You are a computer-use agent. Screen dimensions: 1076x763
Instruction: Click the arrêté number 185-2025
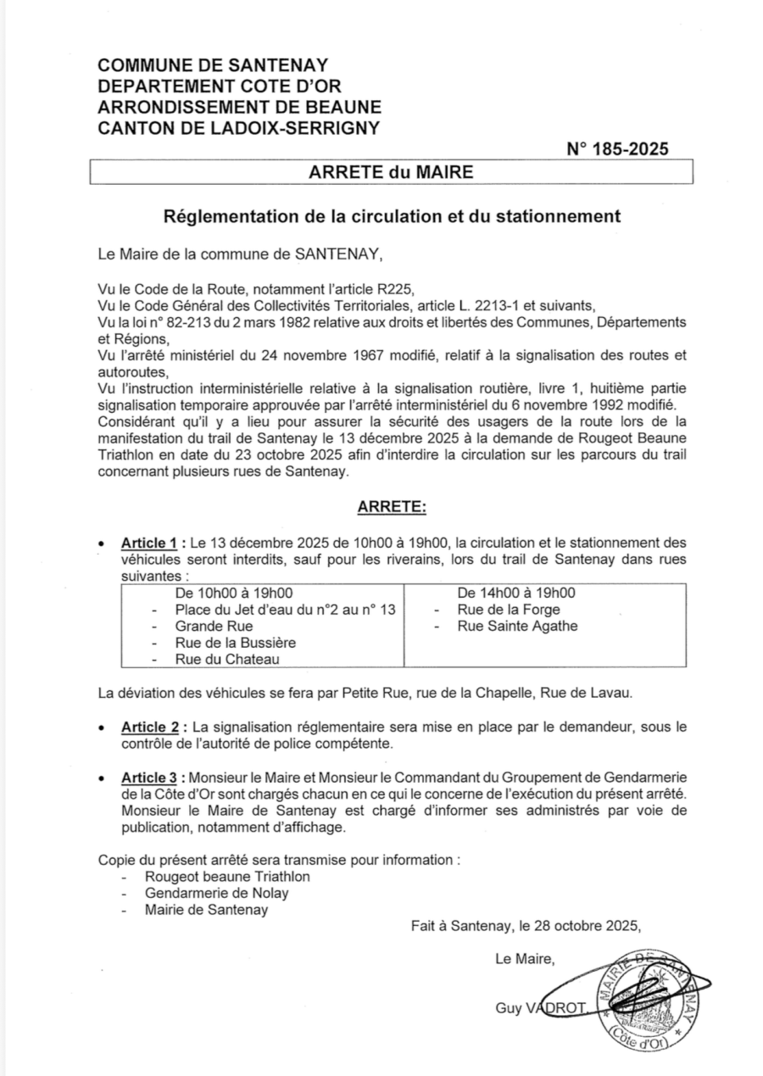coord(617,149)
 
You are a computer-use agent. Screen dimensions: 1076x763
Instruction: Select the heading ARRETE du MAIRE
coord(391,172)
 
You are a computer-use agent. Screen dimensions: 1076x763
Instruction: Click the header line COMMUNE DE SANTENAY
coord(213,65)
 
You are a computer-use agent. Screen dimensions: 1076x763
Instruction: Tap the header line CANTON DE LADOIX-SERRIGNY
coord(239,128)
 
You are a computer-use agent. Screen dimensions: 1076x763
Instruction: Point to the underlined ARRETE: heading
coord(392,506)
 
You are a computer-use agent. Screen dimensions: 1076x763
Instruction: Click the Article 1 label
coord(153,542)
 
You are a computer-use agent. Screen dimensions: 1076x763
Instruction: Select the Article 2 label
coord(153,728)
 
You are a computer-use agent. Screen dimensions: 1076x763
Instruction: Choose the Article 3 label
coord(153,778)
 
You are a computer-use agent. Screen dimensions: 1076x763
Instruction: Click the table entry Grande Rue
coord(202,626)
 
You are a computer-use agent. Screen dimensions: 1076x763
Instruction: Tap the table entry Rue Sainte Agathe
coord(517,626)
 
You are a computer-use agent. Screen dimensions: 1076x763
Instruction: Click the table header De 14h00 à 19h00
coord(515,593)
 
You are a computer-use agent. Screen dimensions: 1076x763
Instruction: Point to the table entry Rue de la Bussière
coord(236,642)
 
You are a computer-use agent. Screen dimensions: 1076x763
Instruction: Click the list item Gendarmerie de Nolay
coord(216,893)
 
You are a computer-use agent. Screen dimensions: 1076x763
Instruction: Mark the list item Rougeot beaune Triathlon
coord(227,876)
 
